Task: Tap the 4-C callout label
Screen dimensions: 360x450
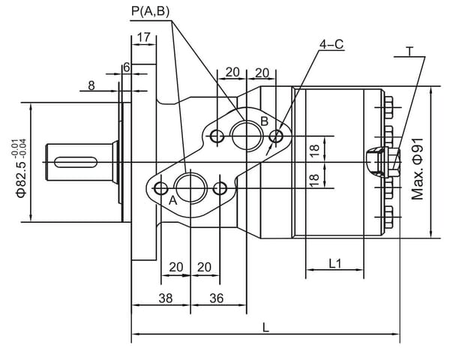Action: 331,44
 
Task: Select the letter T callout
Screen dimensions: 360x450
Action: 410,51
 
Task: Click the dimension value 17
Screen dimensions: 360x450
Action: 144,37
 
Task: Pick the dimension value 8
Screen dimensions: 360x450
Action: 91,85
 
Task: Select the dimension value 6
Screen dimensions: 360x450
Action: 127,67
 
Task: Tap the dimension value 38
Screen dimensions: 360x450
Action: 165,298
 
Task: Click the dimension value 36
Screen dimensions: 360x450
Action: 216,298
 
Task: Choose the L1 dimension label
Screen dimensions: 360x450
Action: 335,263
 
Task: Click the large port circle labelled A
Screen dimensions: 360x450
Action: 190,186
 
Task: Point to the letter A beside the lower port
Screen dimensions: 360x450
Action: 172,200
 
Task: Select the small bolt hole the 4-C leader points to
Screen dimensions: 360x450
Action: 277,136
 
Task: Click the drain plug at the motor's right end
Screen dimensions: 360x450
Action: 376,160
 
